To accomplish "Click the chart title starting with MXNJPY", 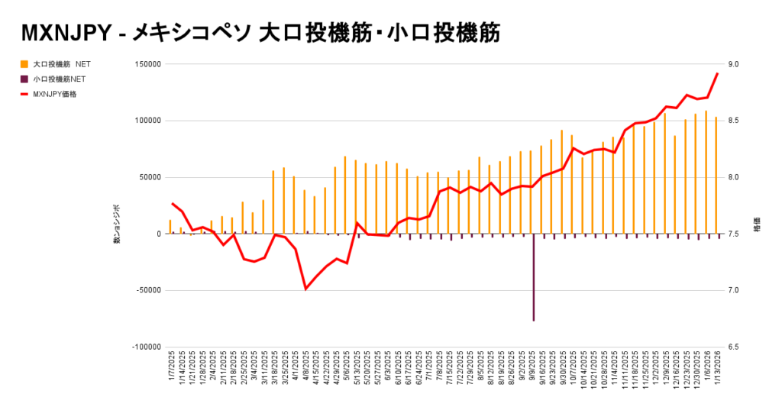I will pos(260,32).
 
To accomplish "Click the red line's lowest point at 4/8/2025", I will pos(305,289).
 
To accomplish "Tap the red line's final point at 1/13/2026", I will pos(716,73).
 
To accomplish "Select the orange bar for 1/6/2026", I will pos(706,172).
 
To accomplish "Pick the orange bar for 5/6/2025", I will pos(345,195).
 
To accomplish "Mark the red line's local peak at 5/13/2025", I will pos(357,223).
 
